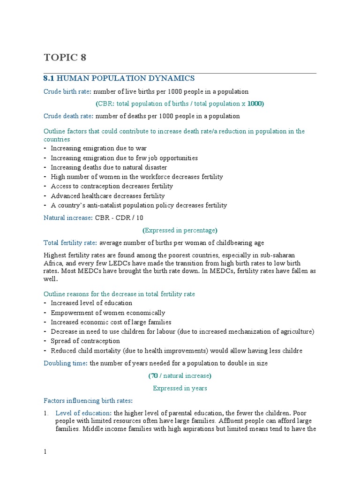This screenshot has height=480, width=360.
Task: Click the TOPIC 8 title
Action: click(65, 58)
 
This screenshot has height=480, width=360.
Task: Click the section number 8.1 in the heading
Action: click(49, 78)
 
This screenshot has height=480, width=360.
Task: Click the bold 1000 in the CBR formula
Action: click(255, 104)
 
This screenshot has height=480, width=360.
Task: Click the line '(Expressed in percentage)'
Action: click(180, 230)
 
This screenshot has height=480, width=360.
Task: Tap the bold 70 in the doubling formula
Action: click(154, 375)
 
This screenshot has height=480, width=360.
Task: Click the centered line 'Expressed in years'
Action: click(180, 388)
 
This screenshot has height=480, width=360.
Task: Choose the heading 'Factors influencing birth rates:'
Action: click(88, 401)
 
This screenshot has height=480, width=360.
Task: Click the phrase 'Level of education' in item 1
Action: click(82, 413)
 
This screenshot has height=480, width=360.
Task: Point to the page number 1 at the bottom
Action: click(45, 451)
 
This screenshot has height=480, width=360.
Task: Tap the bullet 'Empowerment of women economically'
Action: click(108, 313)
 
